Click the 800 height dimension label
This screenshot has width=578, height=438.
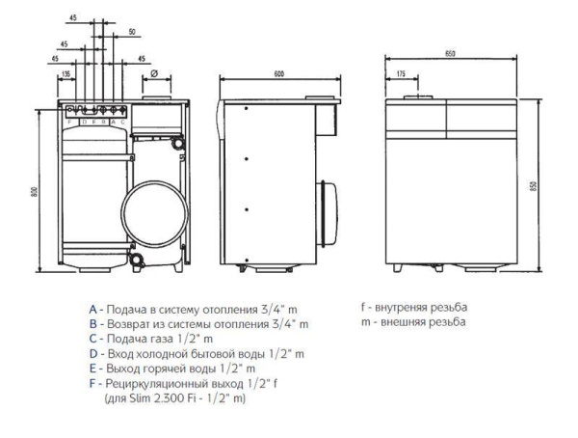pyautogui.click(x=32, y=192)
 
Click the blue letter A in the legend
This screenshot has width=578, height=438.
pyautogui.click(x=92, y=309)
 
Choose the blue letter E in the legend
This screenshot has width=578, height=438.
pyautogui.click(x=92, y=369)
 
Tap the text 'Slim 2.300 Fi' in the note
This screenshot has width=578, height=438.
pyautogui.click(x=152, y=397)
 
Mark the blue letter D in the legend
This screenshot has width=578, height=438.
pyautogui.click(x=92, y=353)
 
